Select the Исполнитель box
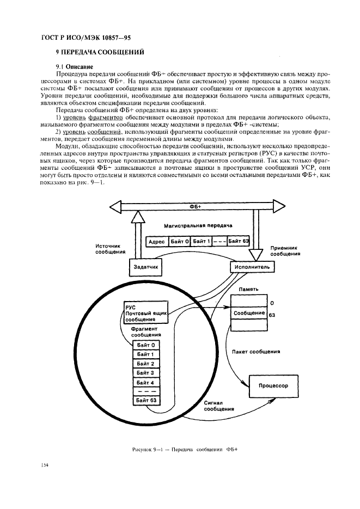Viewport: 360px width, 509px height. [x=252, y=267]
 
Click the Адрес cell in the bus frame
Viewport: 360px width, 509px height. [x=156, y=242]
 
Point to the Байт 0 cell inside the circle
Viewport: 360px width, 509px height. [x=145, y=345]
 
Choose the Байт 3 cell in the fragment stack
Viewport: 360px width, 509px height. [x=145, y=372]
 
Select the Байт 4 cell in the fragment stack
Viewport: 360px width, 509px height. [x=145, y=382]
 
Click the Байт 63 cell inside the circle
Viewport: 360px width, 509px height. [x=145, y=401]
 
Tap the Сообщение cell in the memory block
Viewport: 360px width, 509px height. [x=249, y=313]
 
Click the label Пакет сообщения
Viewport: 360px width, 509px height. [x=256, y=352]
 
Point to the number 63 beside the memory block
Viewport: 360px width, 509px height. [x=272, y=315]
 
